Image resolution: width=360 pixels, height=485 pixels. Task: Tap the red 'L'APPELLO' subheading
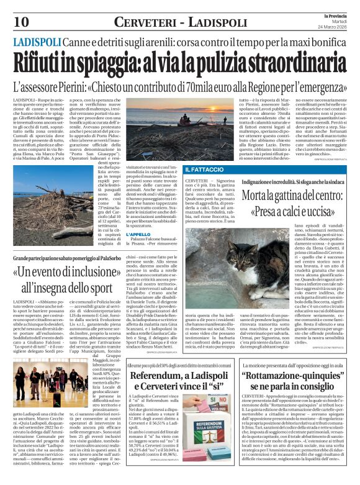(138, 234)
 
